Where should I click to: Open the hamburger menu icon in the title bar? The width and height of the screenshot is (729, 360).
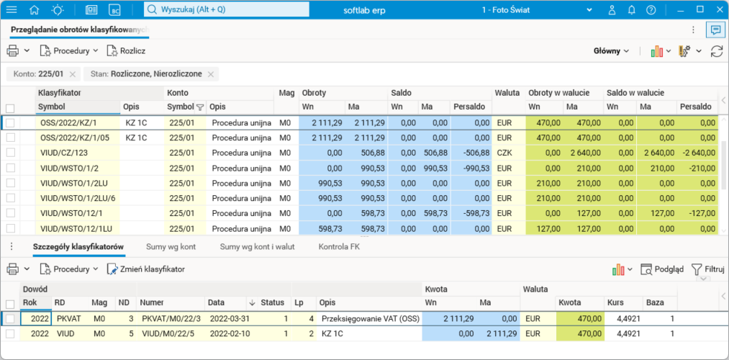(12, 10)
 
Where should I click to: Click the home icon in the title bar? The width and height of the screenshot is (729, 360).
(34, 10)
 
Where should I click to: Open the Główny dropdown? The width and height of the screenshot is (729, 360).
(611, 51)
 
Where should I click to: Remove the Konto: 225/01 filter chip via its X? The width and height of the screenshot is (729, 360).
(73, 74)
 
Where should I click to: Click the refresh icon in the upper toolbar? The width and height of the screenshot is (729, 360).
(716, 51)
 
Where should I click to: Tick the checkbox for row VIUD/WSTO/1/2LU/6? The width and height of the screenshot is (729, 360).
(10, 198)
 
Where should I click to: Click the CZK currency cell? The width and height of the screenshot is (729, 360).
(505, 153)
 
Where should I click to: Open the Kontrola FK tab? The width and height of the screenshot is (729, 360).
(342, 247)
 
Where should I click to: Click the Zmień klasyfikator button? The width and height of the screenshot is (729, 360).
(146, 269)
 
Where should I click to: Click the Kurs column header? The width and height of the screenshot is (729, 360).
(615, 302)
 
